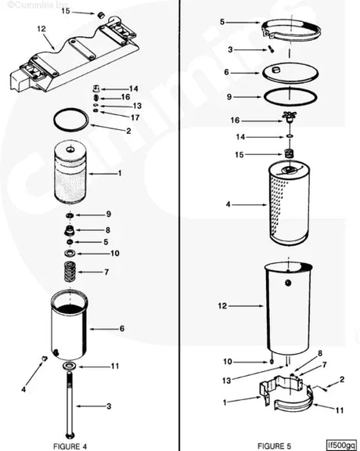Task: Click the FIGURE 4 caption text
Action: [x=70, y=446]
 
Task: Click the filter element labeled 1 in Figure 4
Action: [x=70, y=172]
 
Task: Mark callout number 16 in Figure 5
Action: [x=236, y=121]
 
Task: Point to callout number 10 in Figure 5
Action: [x=228, y=362]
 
